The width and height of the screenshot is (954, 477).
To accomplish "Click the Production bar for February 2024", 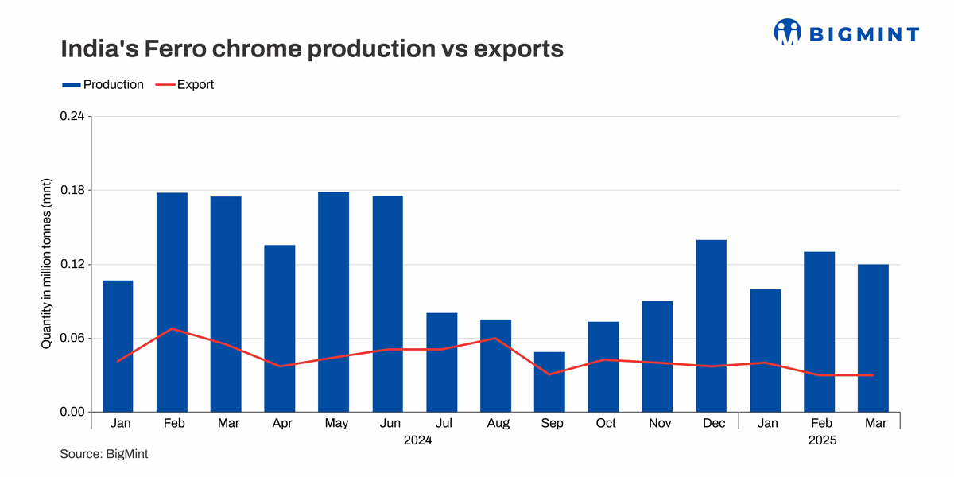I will [x=172, y=302].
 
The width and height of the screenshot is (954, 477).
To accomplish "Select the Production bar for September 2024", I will [x=549, y=382].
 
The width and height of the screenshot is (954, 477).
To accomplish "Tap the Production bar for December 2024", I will [x=711, y=326].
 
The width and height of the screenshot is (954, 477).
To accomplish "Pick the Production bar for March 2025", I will [x=873, y=338].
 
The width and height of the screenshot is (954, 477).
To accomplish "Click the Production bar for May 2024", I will [x=333, y=302].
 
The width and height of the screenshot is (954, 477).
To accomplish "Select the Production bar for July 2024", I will [x=441, y=363].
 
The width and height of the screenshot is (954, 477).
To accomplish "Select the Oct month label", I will [x=606, y=424].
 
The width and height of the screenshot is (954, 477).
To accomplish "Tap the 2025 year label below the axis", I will [x=821, y=440].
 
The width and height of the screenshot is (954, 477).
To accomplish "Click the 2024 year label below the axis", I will [x=417, y=440].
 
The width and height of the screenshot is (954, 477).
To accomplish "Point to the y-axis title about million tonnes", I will [x=46, y=265].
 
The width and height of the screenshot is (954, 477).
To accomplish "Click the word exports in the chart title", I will [x=518, y=49].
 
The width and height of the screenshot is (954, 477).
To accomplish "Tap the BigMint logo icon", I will [x=787, y=33].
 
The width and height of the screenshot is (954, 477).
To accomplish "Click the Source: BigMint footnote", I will [x=103, y=455].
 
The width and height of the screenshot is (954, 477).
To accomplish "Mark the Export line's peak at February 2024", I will [x=172, y=328].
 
